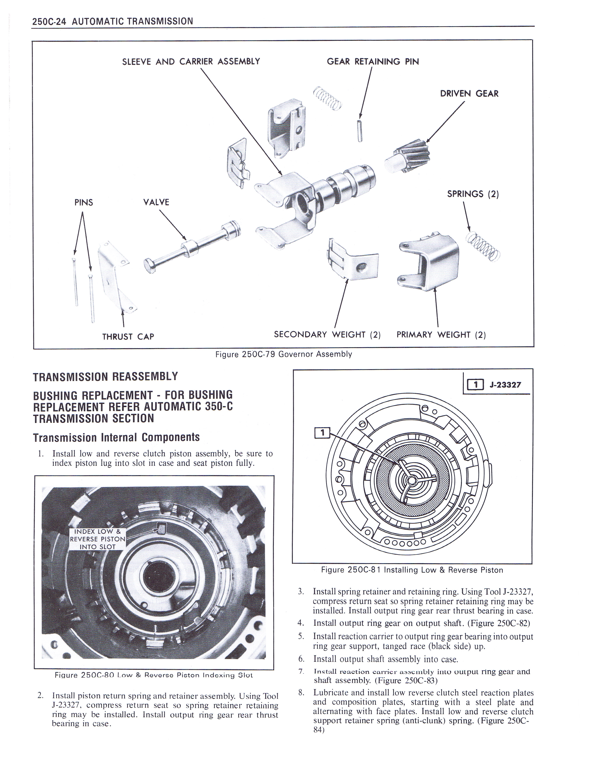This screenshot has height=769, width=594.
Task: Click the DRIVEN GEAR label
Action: [469, 94]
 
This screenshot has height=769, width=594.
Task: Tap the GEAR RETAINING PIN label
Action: [373, 62]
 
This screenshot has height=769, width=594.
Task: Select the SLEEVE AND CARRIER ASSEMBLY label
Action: [191, 62]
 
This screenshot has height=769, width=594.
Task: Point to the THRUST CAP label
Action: [128, 337]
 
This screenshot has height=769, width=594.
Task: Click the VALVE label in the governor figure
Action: [156, 202]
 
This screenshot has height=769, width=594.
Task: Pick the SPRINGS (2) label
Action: [473, 194]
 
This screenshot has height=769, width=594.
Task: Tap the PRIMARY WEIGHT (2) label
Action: [441, 334]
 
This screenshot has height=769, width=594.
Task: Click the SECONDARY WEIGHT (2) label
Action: [327, 334]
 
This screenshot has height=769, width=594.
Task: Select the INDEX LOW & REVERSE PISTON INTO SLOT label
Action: [97, 539]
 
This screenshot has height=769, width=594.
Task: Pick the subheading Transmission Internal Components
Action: [116, 437]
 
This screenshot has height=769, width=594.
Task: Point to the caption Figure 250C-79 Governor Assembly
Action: [284, 354]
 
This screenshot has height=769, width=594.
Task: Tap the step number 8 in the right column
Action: [301, 693]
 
